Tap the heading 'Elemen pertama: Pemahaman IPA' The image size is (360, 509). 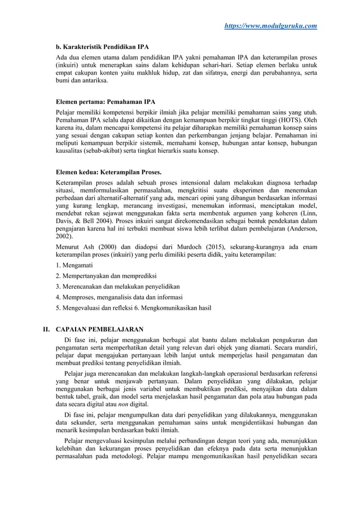click(x=104, y=102)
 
